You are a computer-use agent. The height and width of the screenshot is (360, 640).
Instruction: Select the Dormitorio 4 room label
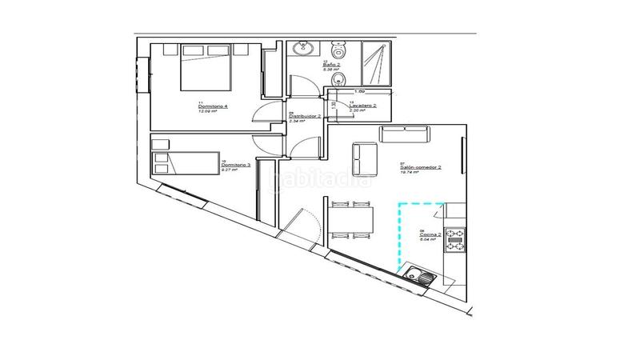pyautogui.click(x=213, y=106)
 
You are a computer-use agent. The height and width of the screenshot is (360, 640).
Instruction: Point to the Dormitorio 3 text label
pyautogui.click(x=236, y=165)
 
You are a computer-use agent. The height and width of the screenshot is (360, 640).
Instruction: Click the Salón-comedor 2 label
pyautogui.click(x=421, y=168)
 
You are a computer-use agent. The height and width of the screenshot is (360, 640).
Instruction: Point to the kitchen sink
pyautogui.click(x=421, y=277)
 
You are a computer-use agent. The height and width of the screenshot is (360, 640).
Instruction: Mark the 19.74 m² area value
pyautogui.click(x=410, y=173)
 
